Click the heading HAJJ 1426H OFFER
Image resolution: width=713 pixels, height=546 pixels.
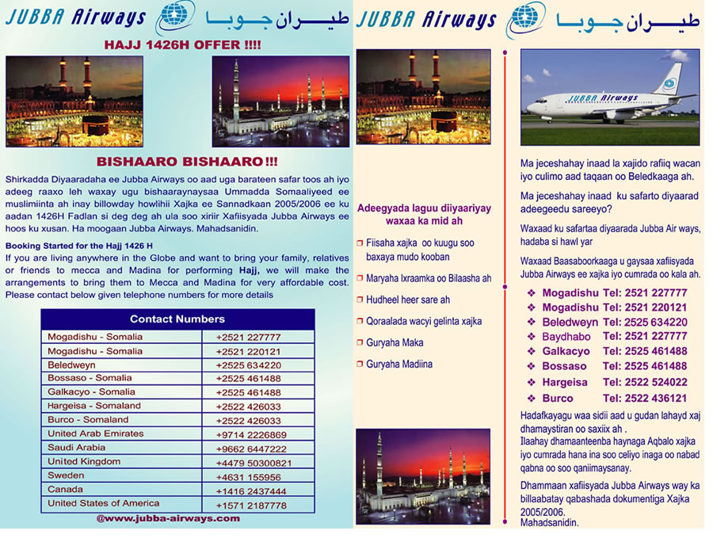(182, 45)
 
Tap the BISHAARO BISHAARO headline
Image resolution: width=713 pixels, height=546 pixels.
(187, 162)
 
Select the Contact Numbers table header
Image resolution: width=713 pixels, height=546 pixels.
(177, 319)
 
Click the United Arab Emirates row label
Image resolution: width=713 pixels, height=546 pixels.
(96, 433)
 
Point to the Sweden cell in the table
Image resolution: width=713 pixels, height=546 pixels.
(66, 475)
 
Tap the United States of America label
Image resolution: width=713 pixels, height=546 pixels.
(103, 503)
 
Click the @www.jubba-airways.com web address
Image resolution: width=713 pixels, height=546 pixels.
(168, 518)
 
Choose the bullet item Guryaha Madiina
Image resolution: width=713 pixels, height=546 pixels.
(399, 365)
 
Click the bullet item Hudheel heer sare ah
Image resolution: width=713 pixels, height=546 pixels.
(407, 300)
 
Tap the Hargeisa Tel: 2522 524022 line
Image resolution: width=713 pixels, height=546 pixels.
(614, 382)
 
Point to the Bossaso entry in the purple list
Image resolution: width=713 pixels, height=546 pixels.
(564, 366)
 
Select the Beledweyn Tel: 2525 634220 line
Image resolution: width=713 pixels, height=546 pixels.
(614, 323)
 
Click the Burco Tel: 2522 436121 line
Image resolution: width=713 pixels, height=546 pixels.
(614, 398)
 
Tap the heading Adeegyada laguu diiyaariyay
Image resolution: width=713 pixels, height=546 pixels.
(424, 214)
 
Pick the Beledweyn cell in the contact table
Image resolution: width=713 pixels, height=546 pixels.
(71, 365)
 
